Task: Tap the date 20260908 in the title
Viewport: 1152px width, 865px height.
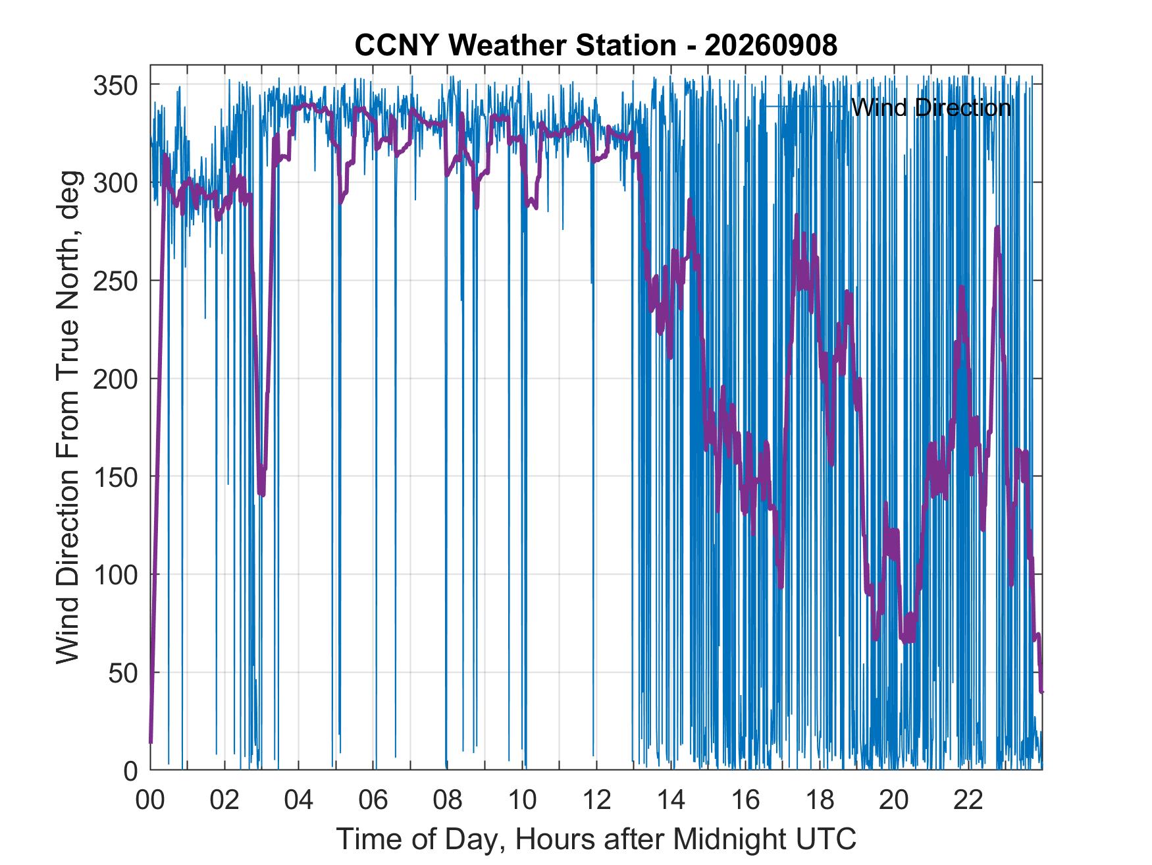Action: [x=771, y=45]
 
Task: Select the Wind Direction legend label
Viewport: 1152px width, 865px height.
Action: [x=931, y=107]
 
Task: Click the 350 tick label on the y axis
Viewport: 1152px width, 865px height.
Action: [x=115, y=85]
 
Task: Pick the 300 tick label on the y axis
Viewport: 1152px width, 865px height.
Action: [x=115, y=183]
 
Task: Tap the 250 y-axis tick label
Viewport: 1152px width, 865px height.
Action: [x=115, y=281]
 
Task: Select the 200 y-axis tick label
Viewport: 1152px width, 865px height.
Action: [x=115, y=379]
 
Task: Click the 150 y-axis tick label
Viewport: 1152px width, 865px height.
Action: [x=115, y=477]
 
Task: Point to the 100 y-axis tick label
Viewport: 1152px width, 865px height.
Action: [x=115, y=575]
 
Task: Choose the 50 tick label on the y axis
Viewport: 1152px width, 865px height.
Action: [x=123, y=673]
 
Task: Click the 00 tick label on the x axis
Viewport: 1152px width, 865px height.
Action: [x=150, y=800]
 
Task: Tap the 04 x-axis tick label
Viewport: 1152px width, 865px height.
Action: [x=299, y=800]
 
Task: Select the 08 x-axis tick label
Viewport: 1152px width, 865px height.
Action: [x=448, y=800]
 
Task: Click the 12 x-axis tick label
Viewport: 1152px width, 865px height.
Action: [x=596, y=800]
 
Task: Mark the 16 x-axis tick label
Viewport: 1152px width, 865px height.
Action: [x=745, y=800]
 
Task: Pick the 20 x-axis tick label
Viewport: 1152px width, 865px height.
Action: [x=894, y=800]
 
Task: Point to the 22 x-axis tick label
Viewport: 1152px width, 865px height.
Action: [x=968, y=800]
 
